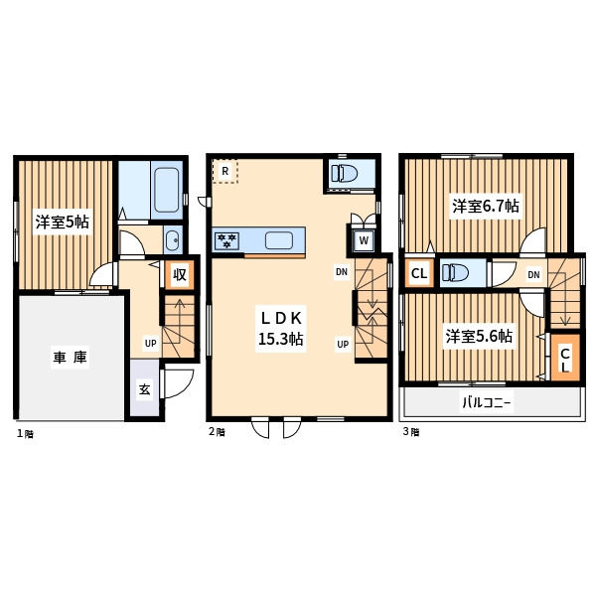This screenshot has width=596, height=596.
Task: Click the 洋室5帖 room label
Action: [x=63, y=222]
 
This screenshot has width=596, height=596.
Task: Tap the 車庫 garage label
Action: [x=70, y=357]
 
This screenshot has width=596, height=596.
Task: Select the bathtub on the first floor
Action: [x=167, y=190]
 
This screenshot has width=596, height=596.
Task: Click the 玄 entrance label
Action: [x=144, y=389]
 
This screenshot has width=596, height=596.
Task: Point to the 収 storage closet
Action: [x=180, y=274]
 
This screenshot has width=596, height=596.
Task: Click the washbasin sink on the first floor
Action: [x=173, y=240]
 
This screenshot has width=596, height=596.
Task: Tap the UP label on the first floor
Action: [x=151, y=344]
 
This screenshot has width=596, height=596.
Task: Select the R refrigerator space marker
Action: [x=225, y=172]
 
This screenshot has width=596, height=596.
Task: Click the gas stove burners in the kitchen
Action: [x=226, y=240]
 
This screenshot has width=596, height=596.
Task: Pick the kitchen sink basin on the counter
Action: [x=278, y=240]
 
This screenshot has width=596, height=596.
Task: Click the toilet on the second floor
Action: [x=344, y=173]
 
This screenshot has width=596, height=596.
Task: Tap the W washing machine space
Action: [x=364, y=240]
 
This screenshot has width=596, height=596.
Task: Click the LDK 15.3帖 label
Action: [x=280, y=329]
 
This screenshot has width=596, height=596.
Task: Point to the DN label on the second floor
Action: [x=342, y=272]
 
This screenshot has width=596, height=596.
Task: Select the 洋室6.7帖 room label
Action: [x=486, y=206]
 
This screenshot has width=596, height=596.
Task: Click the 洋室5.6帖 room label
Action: [x=479, y=336]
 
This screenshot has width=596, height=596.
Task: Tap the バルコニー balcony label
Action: [x=486, y=402]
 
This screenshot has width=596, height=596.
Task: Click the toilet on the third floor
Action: [x=454, y=272]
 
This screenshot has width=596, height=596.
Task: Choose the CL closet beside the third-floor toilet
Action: [x=419, y=273]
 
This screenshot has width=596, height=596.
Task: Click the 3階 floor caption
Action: [x=411, y=432]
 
